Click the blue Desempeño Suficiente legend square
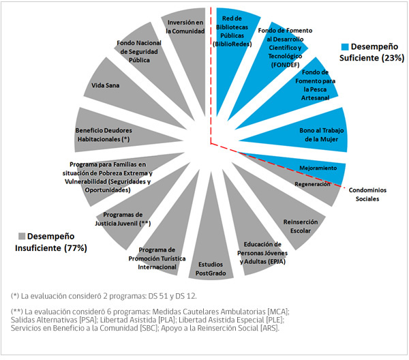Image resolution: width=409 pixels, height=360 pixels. coord(345,46)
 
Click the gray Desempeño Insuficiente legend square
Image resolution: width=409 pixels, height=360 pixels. coord(22,236)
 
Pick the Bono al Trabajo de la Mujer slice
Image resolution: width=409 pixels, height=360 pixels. coord(308,133)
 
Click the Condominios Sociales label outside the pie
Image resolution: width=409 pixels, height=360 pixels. coord(367,194)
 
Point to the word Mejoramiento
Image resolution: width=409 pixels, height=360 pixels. coord(318,168)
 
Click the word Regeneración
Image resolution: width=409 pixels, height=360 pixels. coord(312,184)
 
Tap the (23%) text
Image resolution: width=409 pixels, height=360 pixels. coord(393,58)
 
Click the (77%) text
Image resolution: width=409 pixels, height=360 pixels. coord(76,247)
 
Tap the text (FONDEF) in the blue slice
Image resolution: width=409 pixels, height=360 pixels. coord(285,65)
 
